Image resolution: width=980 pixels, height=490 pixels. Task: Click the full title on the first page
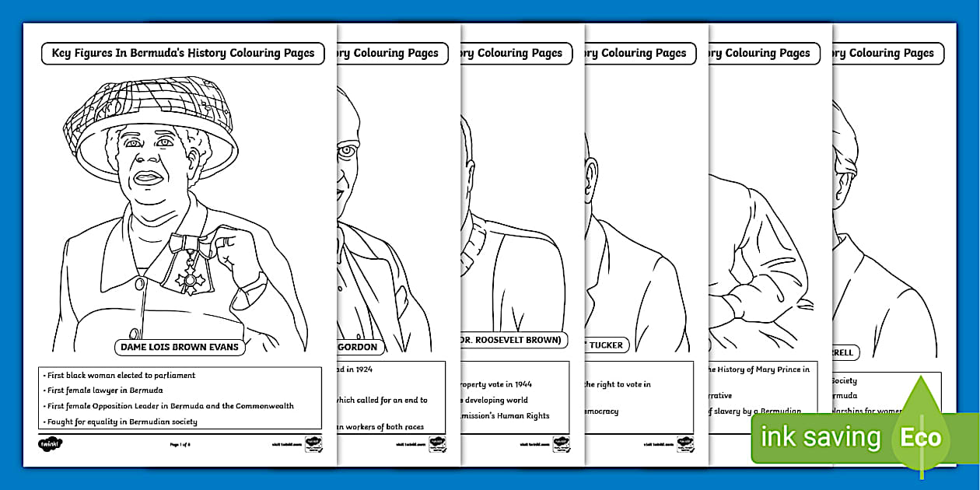tap(183, 54)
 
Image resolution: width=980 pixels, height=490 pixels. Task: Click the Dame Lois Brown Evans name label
tap(179, 347)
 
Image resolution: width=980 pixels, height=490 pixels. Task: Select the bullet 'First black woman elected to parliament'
tap(121, 375)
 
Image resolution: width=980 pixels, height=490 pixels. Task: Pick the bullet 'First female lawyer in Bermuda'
tap(103, 390)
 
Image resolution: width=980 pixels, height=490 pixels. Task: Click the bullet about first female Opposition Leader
tap(170, 406)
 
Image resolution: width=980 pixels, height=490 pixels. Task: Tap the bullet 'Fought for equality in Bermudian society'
tap(121, 422)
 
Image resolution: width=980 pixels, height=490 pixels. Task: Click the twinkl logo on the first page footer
tap(50, 444)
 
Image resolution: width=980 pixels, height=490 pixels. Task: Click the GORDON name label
tap(359, 347)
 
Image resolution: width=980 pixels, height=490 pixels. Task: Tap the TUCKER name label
tap(607, 345)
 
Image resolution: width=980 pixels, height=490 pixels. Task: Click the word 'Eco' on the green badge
tap(921, 437)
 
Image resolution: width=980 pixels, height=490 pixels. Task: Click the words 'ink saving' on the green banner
tap(820, 437)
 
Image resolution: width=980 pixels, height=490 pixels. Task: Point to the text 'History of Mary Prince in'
tap(759, 369)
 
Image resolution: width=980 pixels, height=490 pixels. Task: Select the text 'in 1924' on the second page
tap(355, 369)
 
